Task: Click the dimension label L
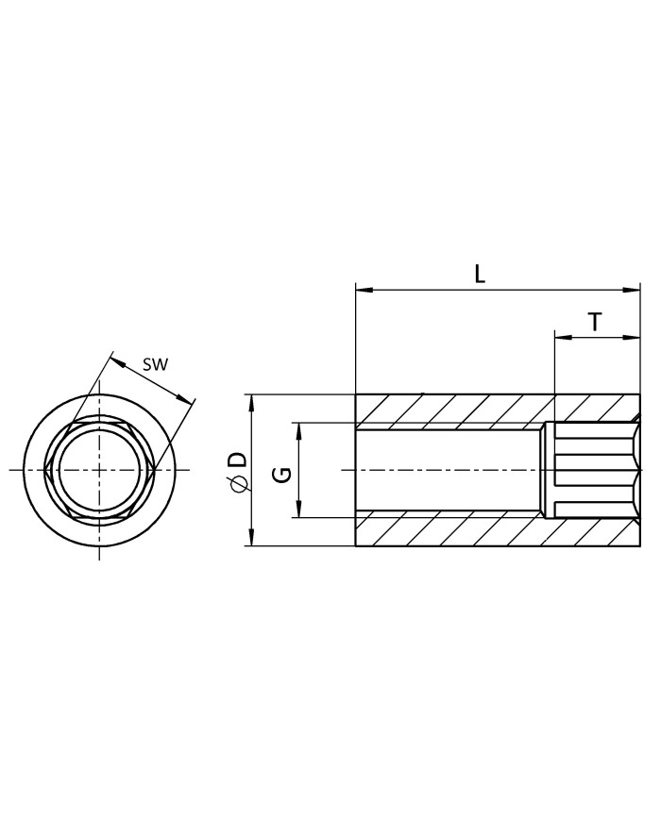480,274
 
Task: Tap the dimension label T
595,322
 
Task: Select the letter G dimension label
282,475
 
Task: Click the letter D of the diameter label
238,460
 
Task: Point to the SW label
156,364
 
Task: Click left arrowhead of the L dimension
364,289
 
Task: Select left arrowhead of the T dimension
563,338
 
